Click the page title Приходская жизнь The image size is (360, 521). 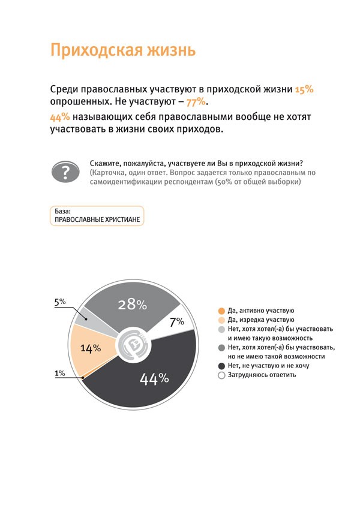(x=123, y=50)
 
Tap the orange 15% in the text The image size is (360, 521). (x=304, y=89)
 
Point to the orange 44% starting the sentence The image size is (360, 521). (x=59, y=118)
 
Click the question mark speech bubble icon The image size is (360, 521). (x=64, y=171)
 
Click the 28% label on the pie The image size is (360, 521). (x=132, y=305)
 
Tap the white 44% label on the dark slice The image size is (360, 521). (x=154, y=379)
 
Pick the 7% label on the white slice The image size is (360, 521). (x=176, y=322)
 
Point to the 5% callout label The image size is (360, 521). (x=60, y=302)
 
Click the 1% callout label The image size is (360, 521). (x=60, y=374)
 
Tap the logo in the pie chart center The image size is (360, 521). (x=133, y=346)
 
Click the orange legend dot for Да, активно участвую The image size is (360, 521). (x=221, y=311)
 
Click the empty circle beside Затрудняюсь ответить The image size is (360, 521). (x=221, y=375)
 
